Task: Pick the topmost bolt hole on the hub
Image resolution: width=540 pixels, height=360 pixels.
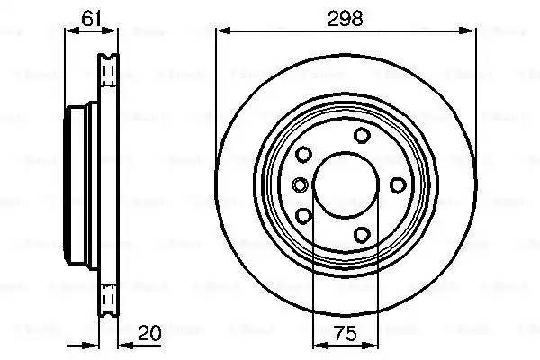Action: click(x=362, y=136)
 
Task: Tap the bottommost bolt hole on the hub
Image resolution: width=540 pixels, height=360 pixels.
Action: click(x=362, y=236)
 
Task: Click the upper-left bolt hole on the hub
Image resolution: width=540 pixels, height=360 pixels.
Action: click(x=303, y=155)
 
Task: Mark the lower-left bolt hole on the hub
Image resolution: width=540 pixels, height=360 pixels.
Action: click(x=303, y=216)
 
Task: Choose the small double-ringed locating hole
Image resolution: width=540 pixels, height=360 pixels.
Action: click(x=300, y=185)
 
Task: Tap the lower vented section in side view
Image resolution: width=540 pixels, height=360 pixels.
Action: click(x=109, y=297)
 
